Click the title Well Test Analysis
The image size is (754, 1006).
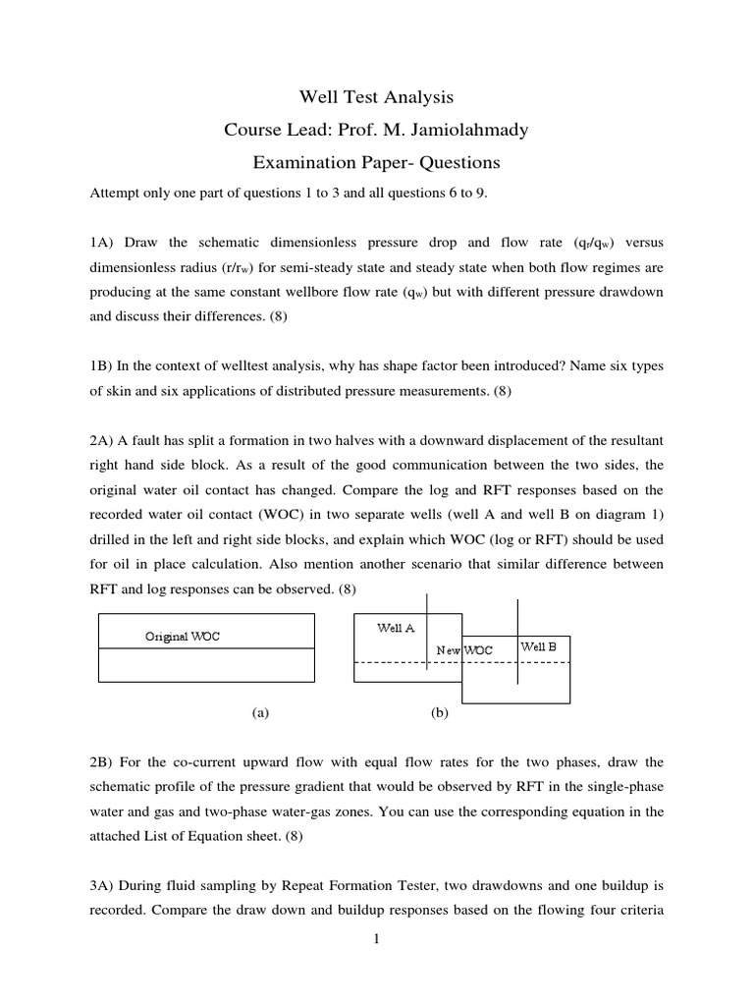(376, 97)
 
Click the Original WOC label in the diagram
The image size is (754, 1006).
(183, 637)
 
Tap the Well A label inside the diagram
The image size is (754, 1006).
(396, 628)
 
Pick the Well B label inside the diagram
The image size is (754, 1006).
(539, 646)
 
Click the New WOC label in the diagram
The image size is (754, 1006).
(464, 650)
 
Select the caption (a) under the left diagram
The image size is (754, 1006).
(260, 714)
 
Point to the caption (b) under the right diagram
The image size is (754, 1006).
(439, 714)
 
